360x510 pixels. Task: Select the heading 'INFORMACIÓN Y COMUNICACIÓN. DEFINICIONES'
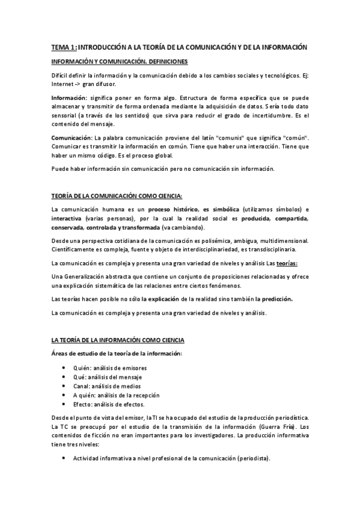pyautogui.click(x=120, y=61)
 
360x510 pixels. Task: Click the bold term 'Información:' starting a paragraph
pyautogui.click(x=69, y=96)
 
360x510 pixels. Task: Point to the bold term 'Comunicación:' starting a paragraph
pyautogui.click(x=72, y=138)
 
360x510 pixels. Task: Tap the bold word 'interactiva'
pyautogui.click(x=67, y=218)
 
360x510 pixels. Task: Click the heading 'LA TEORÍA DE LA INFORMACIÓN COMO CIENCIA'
pyautogui.click(x=118, y=340)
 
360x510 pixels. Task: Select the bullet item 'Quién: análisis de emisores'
pyautogui.click(x=110, y=367)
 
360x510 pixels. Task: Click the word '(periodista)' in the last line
pyautogui.click(x=251, y=458)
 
